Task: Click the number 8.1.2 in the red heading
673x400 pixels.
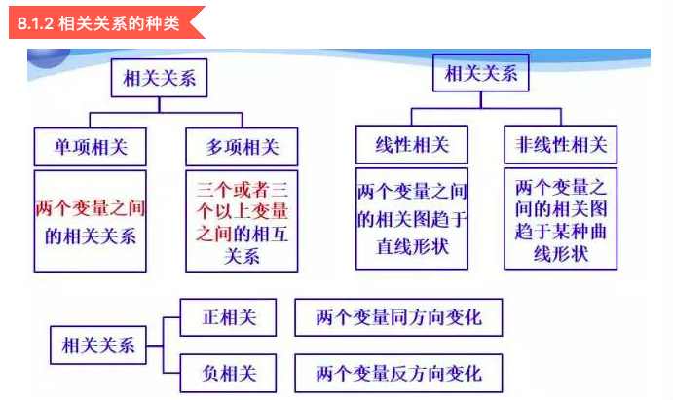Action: (36, 21)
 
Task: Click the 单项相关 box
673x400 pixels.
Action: (91, 147)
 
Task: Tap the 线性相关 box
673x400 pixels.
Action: (412, 145)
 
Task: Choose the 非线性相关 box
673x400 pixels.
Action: (560, 145)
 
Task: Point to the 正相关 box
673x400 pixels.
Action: (229, 317)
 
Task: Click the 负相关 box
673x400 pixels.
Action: (229, 372)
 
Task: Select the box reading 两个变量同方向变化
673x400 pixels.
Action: (398, 317)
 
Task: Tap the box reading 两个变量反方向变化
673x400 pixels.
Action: (398, 373)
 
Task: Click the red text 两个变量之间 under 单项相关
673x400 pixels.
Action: (91, 207)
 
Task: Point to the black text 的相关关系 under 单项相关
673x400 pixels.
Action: (91, 235)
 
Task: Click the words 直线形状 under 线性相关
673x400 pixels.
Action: (412, 246)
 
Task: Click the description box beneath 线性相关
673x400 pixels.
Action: (412, 219)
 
